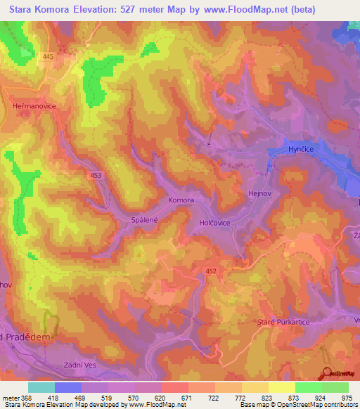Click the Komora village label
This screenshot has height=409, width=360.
(181, 200)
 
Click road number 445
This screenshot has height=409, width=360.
(48, 56)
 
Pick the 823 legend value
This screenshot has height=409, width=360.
(268, 398)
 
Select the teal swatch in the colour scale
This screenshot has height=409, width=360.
(41, 387)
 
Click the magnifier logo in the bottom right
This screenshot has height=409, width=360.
(328, 373)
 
